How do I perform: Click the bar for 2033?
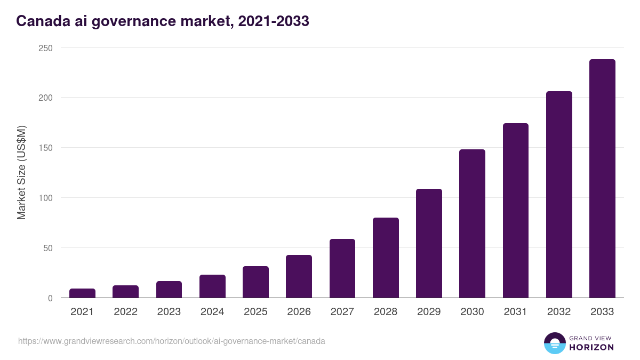602,179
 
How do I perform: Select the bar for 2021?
82,293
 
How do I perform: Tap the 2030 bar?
472,223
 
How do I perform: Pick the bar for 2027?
342,268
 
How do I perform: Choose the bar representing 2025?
255,282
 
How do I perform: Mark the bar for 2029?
429,243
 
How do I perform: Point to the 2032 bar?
559,195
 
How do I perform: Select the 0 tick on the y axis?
50,298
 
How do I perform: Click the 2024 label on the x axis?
212,312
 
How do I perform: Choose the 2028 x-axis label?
386,312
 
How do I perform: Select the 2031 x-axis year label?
515,312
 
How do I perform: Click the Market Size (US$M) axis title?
21,172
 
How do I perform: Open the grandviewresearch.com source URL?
171,341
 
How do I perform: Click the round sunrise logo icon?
555,343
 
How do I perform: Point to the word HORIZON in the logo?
591,347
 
